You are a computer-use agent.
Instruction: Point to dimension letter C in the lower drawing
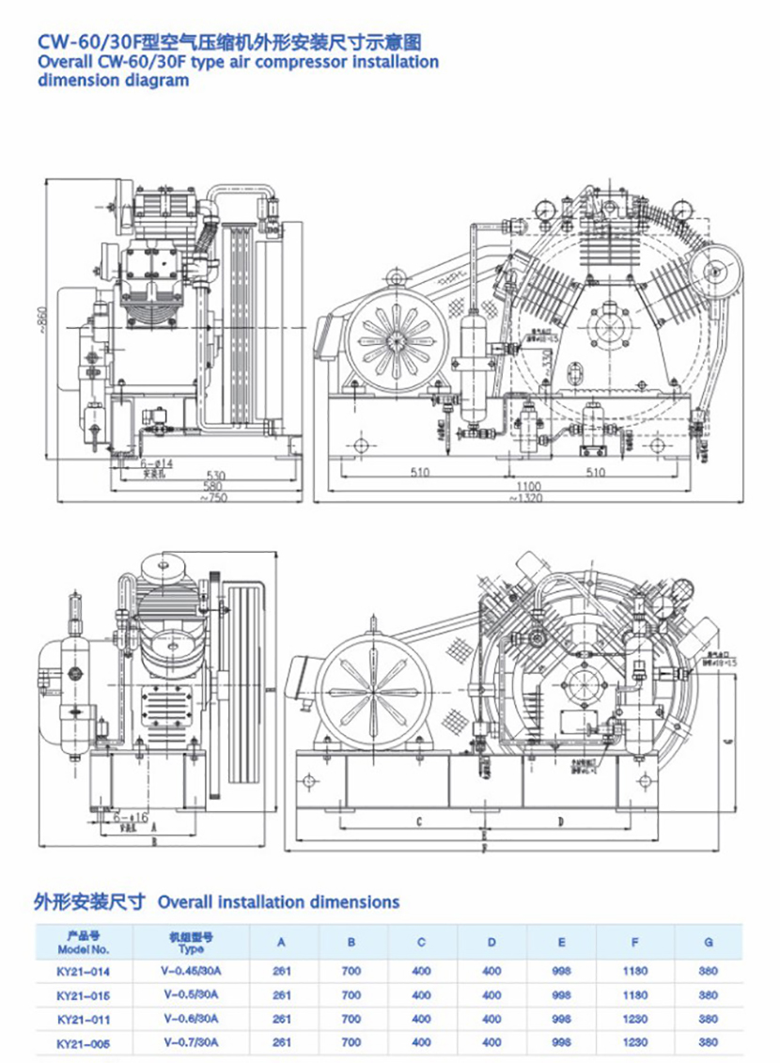(x=416, y=821)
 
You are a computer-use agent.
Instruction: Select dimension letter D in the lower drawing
(x=560, y=821)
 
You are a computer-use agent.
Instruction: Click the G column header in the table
(x=709, y=942)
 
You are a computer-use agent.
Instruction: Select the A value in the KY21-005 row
(x=281, y=1042)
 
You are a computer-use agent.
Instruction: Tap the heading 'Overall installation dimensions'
(x=278, y=902)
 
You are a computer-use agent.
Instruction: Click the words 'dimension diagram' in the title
(x=113, y=81)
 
